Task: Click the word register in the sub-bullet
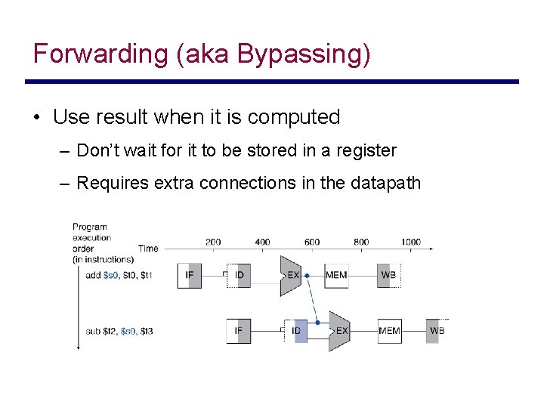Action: click(x=366, y=150)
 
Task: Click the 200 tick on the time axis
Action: click(x=213, y=242)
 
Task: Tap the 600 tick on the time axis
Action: click(x=312, y=242)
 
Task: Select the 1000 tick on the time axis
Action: click(x=411, y=242)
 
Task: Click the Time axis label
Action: click(x=148, y=248)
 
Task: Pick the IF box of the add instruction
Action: click(x=189, y=275)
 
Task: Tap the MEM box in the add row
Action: click(x=336, y=275)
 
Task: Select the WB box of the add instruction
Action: click(x=388, y=275)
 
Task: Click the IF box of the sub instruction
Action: click(x=239, y=331)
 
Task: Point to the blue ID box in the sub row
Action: click(x=297, y=331)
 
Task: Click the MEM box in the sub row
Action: click(x=389, y=331)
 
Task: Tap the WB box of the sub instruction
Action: click(x=437, y=331)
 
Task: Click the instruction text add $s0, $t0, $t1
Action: click(x=119, y=275)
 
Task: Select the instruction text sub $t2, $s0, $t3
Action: click(x=119, y=331)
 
